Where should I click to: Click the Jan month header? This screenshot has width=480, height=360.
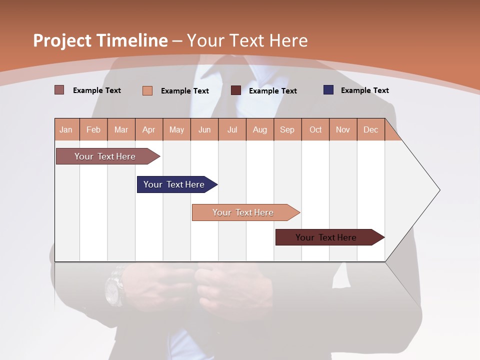66,129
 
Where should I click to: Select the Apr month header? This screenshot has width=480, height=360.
149,129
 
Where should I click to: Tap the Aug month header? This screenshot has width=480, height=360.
260,129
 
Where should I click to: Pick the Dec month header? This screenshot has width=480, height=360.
370,129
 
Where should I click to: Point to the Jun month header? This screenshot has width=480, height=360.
204,129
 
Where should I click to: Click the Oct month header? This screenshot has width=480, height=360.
315,129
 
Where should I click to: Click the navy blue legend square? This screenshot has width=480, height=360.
328,90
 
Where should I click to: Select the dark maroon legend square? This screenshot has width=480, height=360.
236,90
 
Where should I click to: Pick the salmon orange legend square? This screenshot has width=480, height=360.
147,90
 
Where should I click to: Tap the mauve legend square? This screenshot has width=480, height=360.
59,90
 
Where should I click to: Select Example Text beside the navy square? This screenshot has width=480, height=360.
364,90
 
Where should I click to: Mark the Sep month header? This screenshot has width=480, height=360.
287,129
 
